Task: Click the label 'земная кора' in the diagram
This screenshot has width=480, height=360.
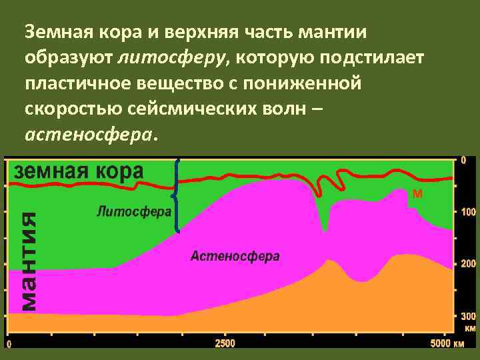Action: [79, 171]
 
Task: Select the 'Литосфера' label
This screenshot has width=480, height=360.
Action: [134, 211]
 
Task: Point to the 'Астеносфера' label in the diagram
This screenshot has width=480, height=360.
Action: [235, 257]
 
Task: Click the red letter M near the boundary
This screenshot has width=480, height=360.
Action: [417, 194]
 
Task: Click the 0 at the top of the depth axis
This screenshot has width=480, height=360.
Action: [464, 160]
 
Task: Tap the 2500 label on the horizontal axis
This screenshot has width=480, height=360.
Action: [224, 344]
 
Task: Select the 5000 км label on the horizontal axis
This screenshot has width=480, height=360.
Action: [447, 344]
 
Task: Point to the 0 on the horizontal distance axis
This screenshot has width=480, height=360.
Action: [9, 344]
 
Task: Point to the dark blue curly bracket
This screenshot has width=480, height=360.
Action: [176, 195]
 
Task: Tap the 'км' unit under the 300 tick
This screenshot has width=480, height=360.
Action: [469, 328]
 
